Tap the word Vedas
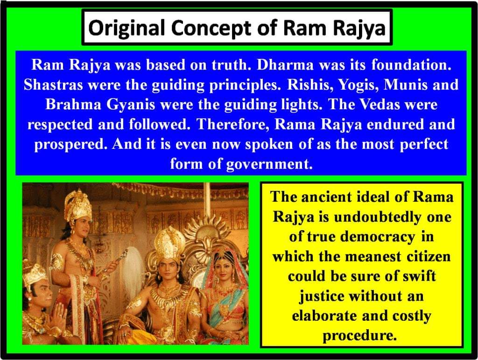[377, 105]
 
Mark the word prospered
[70, 144]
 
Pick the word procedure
[362, 335]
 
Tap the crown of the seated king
[170, 241]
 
